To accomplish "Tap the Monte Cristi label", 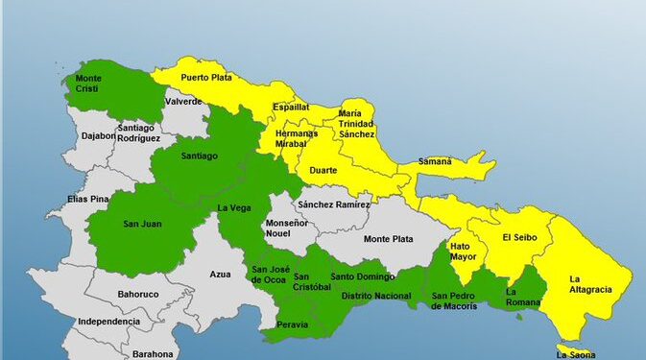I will [x=89, y=82].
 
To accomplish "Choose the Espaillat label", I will [x=291, y=108].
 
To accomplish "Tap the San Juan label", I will [x=143, y=225].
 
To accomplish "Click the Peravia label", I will [x=292, y=324].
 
